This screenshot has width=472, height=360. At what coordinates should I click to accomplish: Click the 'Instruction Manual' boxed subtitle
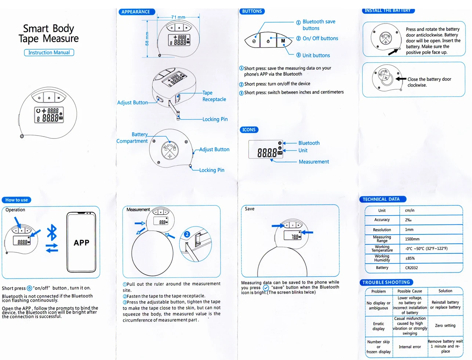49,53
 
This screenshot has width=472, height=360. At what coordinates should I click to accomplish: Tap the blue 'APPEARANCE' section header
136,12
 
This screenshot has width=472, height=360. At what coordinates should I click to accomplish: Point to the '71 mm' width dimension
178,17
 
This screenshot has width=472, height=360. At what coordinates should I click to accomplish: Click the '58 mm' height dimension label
147,39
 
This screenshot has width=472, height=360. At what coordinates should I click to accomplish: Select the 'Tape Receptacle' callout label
214,96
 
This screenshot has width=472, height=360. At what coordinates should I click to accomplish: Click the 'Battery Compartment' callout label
133,138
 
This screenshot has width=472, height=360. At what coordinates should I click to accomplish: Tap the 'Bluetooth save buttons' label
319,25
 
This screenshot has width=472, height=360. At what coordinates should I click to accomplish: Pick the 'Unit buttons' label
316,55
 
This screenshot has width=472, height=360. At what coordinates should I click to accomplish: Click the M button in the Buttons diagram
283,41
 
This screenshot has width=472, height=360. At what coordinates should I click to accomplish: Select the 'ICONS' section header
249,130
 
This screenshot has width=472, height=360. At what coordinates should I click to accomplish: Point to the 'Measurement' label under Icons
314,162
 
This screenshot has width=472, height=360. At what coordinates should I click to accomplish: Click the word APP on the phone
81,243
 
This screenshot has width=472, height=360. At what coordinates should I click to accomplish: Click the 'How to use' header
17,200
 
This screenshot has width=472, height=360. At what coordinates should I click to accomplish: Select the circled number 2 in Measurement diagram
187,234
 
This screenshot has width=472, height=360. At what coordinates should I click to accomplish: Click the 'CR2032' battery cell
411,268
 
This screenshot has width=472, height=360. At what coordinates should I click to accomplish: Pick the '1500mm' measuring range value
412,239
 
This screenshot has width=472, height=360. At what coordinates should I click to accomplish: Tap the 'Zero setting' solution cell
445,325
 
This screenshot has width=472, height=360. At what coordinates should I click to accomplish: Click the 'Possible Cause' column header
410,291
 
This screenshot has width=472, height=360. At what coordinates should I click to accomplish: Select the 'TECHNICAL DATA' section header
381,199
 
